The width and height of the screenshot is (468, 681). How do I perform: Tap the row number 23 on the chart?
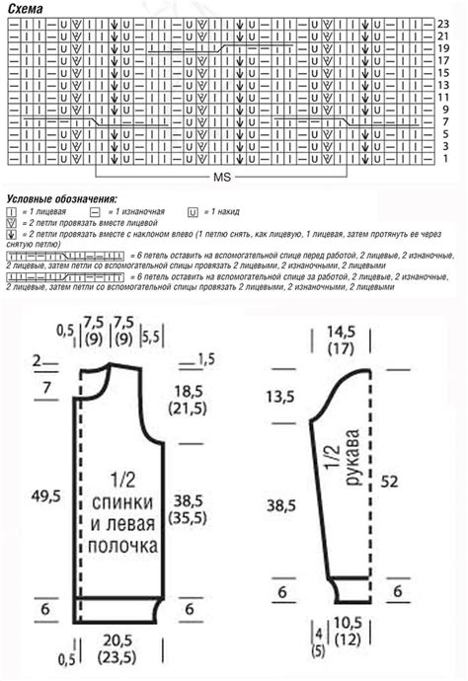[x=444, y=23]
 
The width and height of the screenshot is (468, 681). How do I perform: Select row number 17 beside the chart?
[x=444, y=60]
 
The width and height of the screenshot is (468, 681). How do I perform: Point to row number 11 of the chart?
[x=444, y=97]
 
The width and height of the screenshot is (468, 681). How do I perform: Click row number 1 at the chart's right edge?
[x=444, y=158]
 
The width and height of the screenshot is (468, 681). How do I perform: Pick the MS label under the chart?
[x=222, y=180]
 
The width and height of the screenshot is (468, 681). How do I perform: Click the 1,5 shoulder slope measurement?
[x=205, y=357]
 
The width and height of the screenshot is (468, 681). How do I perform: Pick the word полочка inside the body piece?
[x=124, y=545]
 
